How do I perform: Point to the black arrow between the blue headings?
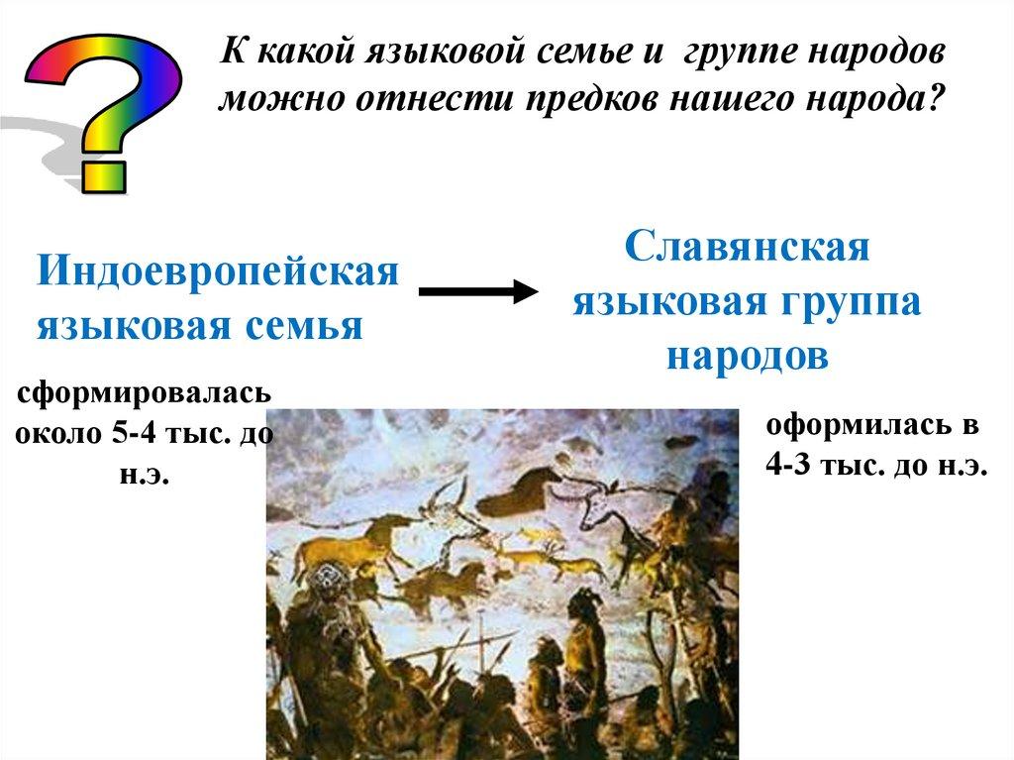click(x=478, y=291)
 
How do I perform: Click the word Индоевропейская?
click(x=218, y=271)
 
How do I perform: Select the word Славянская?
click(x=747, y=248)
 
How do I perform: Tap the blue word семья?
click(x=303, y=326)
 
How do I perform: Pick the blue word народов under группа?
click(x=748, y=356)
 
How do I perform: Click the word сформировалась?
click(x=144, y=393)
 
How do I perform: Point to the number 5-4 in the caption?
click(x=134, y=432)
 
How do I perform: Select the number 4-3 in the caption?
click(x=787, y=464)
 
